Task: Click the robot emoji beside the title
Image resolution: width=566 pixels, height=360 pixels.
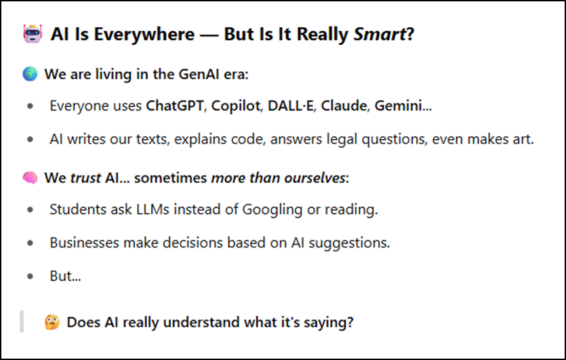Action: (x=33, y=34)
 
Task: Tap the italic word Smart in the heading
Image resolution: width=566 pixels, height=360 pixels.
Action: (x=380, y=35)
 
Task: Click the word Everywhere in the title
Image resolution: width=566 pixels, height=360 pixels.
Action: (x=144, y=35)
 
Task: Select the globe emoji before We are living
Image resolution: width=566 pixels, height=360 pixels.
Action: (x=30, y=74)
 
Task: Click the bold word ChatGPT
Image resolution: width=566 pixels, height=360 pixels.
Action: (x=175, y=106)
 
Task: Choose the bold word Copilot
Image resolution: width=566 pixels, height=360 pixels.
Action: (x=236, y=106)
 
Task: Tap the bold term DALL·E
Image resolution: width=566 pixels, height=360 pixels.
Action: (x=291, y=106)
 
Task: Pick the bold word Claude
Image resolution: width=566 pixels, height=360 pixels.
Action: (x=344, y=106)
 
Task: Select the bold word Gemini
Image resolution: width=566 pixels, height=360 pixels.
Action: (x=398, y=106)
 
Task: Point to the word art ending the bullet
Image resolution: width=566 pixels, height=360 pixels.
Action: (x=523, y=140)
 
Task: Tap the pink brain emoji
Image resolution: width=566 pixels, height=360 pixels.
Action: (x=30, y=178)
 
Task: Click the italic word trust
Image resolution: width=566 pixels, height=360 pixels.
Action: (x=85, y=178)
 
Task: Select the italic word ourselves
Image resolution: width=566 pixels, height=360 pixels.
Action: (x=315, y=178)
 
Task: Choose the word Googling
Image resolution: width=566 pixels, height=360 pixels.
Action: (x=272, y=209)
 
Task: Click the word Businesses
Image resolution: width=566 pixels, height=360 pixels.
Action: (x=84, y=243)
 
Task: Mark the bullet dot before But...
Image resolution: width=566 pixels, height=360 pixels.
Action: (x=31, y=276)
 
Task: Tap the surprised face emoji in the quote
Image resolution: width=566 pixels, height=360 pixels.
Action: (x=52, y=322)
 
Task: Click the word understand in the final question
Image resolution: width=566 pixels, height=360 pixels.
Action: (x=201, y=322)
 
